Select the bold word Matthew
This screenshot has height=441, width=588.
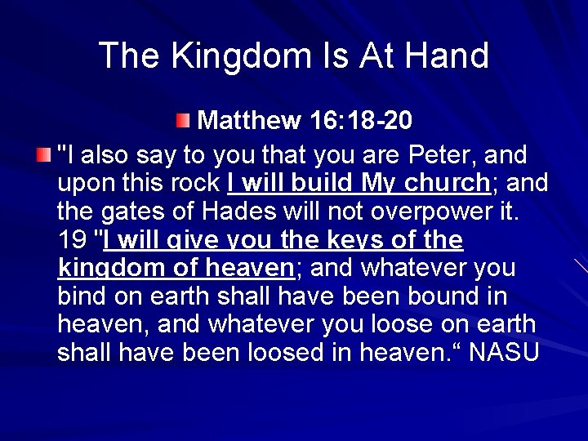click(x=249, y=121)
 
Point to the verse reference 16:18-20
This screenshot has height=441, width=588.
click(x=361, y=121)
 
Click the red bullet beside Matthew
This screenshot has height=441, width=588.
click(x=183, y=122)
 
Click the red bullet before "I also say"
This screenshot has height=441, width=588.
click(x=43, y=154)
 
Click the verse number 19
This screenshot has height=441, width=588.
click(x=72, y=240)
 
